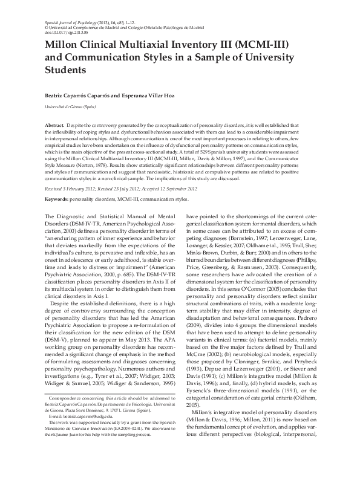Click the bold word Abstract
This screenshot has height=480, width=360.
click(x=56, y=124)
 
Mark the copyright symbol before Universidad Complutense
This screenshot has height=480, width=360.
click(x=47, y=27)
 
